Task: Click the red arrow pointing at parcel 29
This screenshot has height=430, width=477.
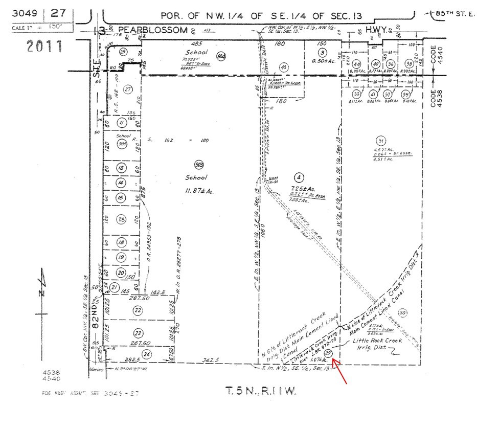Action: [342, 371]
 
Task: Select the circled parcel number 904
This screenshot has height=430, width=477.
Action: [221, 57]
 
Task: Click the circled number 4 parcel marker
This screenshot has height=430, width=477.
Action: [300, 177]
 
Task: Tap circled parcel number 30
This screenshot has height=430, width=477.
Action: [403, 312]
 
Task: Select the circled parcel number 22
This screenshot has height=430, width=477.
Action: [137, 310]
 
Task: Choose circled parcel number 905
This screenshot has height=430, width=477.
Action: [122, 144]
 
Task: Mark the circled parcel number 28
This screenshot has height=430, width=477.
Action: [121, 220]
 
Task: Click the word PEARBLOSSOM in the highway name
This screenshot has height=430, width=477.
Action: [151, 30]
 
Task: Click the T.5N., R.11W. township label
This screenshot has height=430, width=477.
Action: [261, 392]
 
